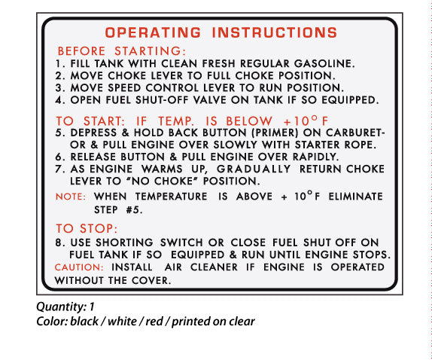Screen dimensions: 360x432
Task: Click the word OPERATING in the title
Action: click(x=153, y=32)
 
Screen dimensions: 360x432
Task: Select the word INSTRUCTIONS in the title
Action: click(x=275, y=32)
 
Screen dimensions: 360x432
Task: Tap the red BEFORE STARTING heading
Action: click(x=120, y=50)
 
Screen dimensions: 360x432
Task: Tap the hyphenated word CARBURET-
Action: click(x=351, y=133)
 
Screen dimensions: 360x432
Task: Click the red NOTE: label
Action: click(x=73, y=197)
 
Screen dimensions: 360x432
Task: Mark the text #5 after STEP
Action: click(x=132, y=211)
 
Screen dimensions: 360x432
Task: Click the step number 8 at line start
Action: click(x=59, y=243)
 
